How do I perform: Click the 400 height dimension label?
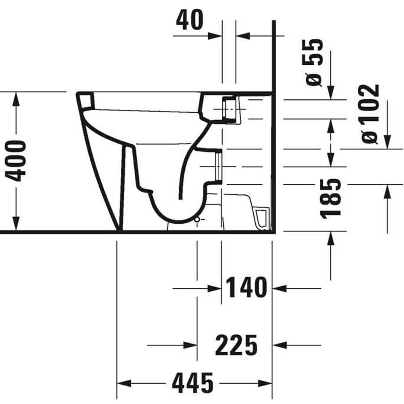coord(16,161)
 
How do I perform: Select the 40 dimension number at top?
coord(190,20)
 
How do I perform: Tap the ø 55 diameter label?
coord(314,62)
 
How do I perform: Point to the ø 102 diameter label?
coord(370,114)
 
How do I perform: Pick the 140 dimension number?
coord(246,287)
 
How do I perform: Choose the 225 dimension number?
coord(236,345)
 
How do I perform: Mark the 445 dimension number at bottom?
coord(193,383)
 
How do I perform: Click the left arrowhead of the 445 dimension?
coord(124,383)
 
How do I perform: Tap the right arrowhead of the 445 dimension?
coord(265,383)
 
